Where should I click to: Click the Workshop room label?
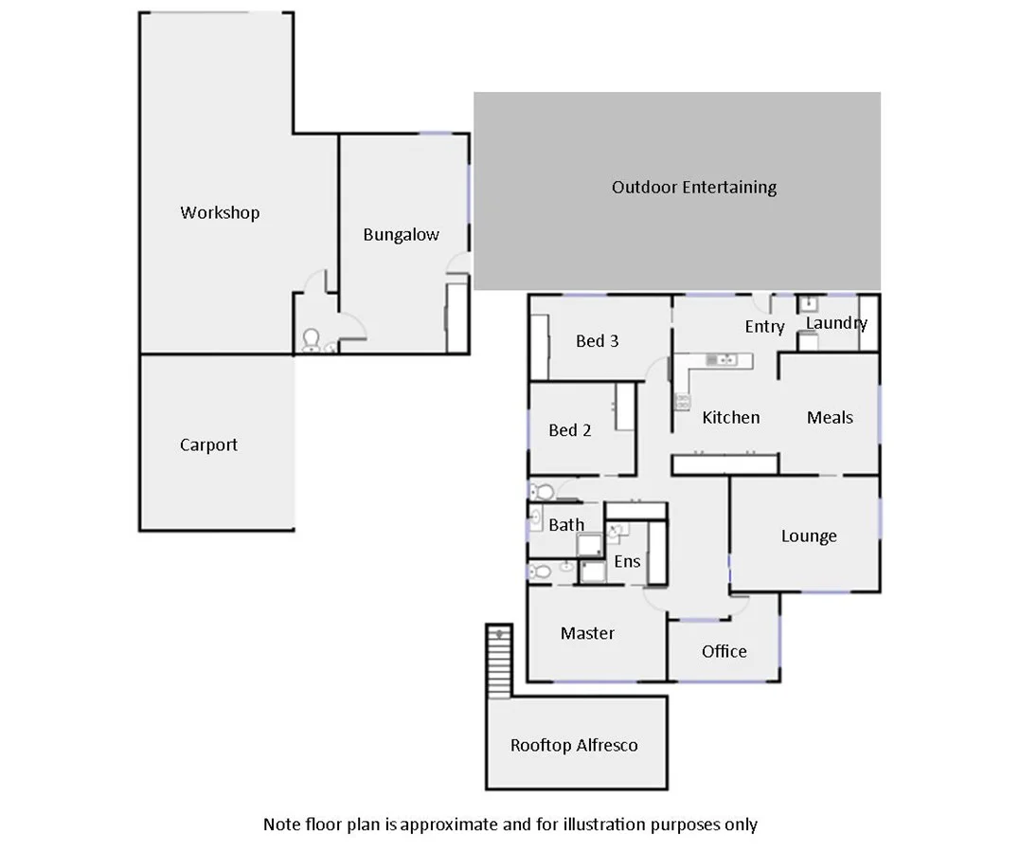pyautogui.click(x=220, y=212)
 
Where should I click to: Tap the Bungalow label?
pyautogui.click(x=401, y=234)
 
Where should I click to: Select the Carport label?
pyautogui.click(x=208, y=445)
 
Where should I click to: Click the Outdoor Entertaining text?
pyautogui.click(x=693, y=187)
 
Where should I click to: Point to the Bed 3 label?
pyautogui.click(x=597, y=341)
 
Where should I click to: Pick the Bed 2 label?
pyautogui.click(x=569, y=430)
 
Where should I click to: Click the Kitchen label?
pyautogui.click(x=730, y=417)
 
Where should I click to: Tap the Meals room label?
pyautogui.click(x=830, y=417)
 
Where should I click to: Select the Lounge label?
pyautogui.click(x=809, y=535)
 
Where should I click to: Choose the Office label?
pyautogui.click(x=724, y=651)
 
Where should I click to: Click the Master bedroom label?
pyautogui.click(x=587, y=633)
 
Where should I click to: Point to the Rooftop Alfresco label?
pyautogui.click(x=574, y=745)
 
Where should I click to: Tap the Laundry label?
pyautogui.click(x=836, y=323)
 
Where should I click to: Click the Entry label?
pyautogui.click(x=764, y=327)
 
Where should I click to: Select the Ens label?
pyautogui.click(x=627, y=561)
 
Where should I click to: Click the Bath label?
pyautogui.click(x=566, y=524)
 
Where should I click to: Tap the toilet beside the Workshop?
pyautogui.click(x=310, y=339)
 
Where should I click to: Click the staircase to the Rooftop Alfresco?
pyautogui.click(x=499, y=661)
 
